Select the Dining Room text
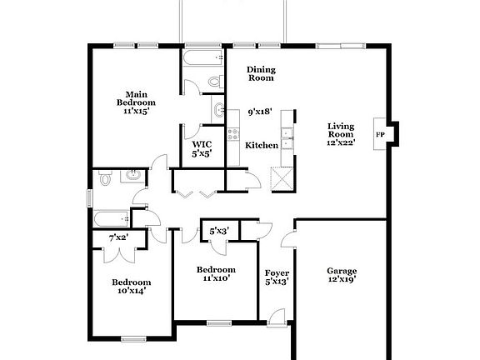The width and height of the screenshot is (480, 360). coord(262,75)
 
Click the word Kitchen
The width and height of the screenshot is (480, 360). coord(262,145)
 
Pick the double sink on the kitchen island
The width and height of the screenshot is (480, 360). coord(287,134)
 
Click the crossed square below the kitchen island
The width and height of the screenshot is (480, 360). coord(279,176)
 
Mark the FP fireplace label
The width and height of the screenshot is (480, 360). coord(380,134)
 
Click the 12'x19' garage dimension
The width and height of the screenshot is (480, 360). coord(342,281)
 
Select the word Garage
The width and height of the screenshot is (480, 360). coord(342,271)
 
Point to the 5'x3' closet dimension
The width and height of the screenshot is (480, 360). coord(218,230)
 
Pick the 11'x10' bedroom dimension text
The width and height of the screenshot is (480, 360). coord(216,278)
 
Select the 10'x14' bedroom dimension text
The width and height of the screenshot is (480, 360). coord(132,291)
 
